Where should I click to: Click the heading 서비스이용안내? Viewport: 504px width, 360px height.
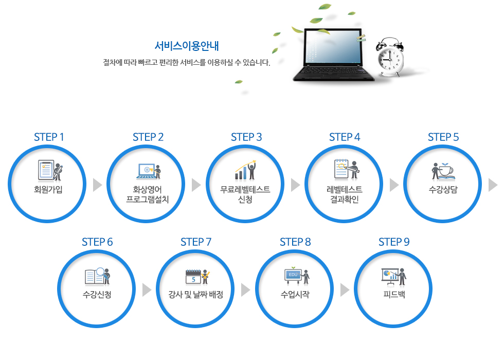pos(186,46)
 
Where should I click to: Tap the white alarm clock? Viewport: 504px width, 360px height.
pos(390,57)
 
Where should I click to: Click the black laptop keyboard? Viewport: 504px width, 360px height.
pos(333,70)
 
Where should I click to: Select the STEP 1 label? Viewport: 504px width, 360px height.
pos(49,137)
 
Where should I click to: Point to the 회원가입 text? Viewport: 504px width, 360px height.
pos(48,189)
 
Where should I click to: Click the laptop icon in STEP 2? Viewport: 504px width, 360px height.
pos(146,171)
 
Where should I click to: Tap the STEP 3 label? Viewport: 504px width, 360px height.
pos(246,137)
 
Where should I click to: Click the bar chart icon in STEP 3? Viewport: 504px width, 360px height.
pos(241,173)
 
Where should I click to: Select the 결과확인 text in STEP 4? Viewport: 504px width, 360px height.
pos(344,200)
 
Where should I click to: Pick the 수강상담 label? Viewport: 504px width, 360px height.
pos(443,189)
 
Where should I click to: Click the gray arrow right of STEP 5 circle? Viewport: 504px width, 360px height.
pos(493,185)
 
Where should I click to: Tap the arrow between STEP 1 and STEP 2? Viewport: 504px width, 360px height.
pos(97,185)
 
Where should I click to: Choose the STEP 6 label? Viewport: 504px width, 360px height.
pos(97,242)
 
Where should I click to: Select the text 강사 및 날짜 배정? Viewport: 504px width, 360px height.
pos(196,294)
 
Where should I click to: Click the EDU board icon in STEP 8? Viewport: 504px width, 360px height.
pos(293,276)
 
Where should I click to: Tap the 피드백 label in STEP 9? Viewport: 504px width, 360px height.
pos(394,294)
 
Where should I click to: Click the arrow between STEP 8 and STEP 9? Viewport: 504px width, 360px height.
pos(345,290)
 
